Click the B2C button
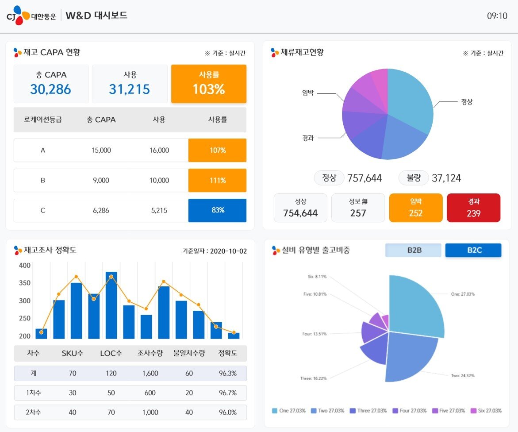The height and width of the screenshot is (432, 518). [473, 251]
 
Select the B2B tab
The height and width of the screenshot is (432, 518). [414, 251]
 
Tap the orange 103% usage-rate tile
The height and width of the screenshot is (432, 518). [209, 84]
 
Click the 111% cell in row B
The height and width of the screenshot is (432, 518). [217, 181]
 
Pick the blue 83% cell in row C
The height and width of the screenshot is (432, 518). [217, 211]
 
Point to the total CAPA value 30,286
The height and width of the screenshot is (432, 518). [51, 89]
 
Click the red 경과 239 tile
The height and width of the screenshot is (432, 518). [473, 208]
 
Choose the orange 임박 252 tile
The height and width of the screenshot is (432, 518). [415, 208]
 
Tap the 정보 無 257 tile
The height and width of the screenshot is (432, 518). [358, 208]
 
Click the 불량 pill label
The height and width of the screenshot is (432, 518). [414, 178]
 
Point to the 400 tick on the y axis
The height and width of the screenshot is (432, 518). [25, 266]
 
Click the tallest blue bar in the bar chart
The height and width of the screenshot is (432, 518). [111, 305]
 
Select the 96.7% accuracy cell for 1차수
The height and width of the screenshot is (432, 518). [228, 393]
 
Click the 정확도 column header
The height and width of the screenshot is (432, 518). [228, 354]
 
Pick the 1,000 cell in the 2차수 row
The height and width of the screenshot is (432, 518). [150, 413]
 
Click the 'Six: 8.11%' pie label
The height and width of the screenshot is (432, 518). [317, 277]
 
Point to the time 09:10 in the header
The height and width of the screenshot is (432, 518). [497, 16]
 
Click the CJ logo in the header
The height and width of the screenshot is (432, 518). [18, 16]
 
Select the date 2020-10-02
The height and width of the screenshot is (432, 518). [228, 251]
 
